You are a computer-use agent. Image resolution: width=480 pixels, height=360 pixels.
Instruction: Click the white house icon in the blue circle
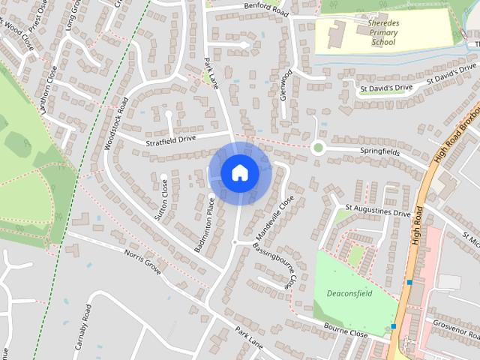point(239,172)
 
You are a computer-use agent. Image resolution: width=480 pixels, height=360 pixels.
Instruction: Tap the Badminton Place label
point(206,223)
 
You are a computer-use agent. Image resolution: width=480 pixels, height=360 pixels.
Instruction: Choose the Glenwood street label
point(285,88)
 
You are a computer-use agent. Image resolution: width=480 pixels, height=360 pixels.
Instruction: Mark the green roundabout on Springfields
point(318,147)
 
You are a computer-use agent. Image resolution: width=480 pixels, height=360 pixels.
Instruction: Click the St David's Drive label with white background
point(385,88)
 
